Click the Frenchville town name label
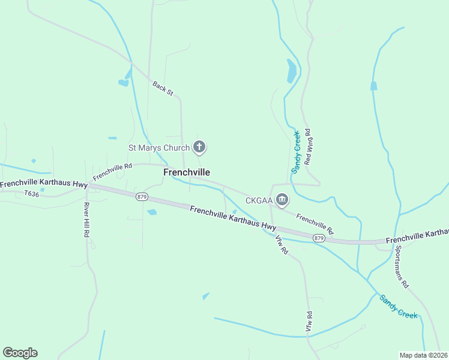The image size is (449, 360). coord(187,172)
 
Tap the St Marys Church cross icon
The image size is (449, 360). coord(199,147)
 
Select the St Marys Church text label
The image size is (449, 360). coord(158,147)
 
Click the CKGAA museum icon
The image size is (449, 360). coord(282,200)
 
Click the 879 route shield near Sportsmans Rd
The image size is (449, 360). coord(319,238)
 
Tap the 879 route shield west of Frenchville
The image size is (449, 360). coord(142,197)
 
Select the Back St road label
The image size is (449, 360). coord(163,89)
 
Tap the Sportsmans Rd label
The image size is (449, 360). coord(402,266)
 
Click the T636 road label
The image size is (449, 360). coord(31,194)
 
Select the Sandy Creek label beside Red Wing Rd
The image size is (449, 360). coord(295,152)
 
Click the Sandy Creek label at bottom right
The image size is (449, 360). coord(398,306)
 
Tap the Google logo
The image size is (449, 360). coord(20,353)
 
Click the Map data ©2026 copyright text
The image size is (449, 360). coord(424,355)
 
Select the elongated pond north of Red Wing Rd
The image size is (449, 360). coord(292,71)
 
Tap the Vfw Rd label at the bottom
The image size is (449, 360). coord(309,322)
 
